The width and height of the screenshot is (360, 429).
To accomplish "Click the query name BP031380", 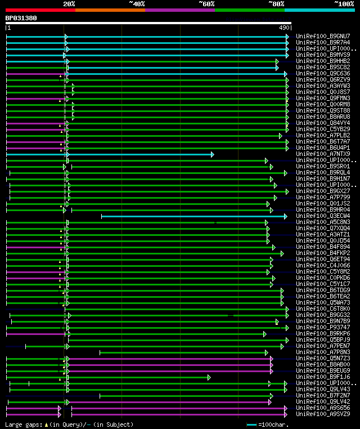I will (21, 18).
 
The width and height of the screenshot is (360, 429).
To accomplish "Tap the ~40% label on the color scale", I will (137, 4).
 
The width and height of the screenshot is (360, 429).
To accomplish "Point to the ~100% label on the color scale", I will (344, 4).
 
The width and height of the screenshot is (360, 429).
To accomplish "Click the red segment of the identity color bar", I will (40, 10).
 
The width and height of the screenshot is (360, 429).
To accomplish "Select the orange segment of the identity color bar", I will (110, 10).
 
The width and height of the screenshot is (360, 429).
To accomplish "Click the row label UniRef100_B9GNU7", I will (323, 36).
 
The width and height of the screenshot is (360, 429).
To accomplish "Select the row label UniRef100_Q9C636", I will (323, 73).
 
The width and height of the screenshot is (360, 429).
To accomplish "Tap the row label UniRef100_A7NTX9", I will (323, 154).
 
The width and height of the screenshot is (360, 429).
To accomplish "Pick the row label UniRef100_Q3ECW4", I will (323, 216).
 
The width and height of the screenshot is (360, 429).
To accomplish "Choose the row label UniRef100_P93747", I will (323, 327).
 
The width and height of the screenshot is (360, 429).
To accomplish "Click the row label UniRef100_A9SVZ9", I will (323, 414).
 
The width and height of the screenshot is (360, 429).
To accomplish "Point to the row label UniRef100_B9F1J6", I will (323, 377).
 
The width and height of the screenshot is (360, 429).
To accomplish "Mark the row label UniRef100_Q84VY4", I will (323, 123).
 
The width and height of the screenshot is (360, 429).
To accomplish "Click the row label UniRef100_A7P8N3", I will (323, 352).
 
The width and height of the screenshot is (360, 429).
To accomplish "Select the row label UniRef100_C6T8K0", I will (323, 309).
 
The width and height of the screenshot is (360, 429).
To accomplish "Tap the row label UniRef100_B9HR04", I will (323, 209).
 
